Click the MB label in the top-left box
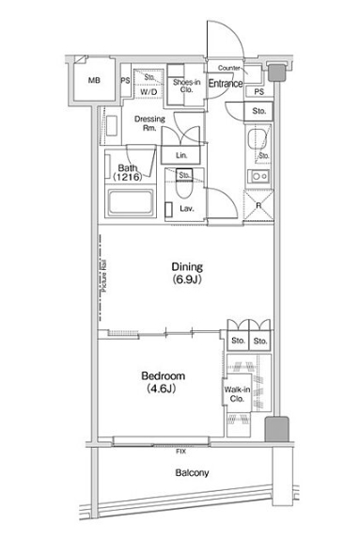tap(92, 81)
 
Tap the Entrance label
tap(226, 85)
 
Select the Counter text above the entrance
tap(228, 69)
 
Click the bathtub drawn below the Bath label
tap(135, 204)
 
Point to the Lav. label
tap(187, 209)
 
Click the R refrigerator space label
tap(258, 205)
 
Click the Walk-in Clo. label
tap(237, 393)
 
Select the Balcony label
tap(192, 473)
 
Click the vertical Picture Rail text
tap(102, 278)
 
